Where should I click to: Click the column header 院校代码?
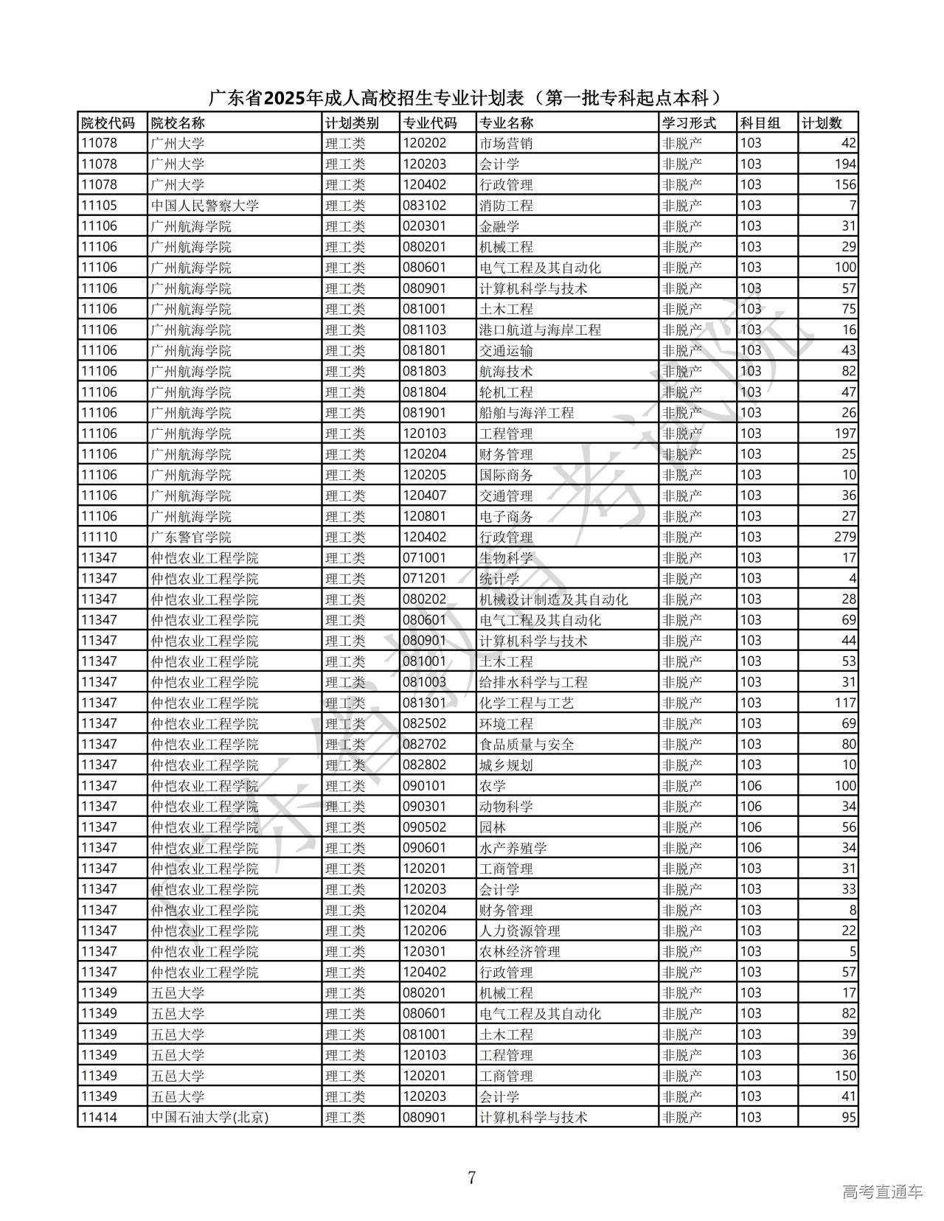pyautogui.click(x=108, y=123)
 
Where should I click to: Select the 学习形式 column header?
pyautogui.click(x=689, y=123)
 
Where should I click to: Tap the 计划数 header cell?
pyautogui.click(x=821, y=123)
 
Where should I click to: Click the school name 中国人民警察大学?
pyautogui.click(x=204, y=206)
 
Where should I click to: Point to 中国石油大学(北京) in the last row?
pyautogui.click(x=209, y=1117)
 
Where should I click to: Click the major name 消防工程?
pyautogui.click(x=506, y=206)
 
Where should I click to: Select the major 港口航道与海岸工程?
pyautogui.click(x=540, y=330)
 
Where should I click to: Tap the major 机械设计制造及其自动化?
pyautogui.click(x=553, y=599)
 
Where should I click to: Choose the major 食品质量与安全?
pyautogui.click(x=527, y=744)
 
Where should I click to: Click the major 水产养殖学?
pyautogui.click(x=513, y=848)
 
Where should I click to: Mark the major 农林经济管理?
pyautogui.click(x=519, y=951)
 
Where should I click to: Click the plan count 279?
pyautogui.click(x=845, y=537)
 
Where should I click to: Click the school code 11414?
pyautogui.click(x=99, y=1117)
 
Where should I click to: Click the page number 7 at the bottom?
pyautogui.click(x=472, y=1177)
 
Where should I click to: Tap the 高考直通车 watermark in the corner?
pyautogui.click(x=882, y=1192)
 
